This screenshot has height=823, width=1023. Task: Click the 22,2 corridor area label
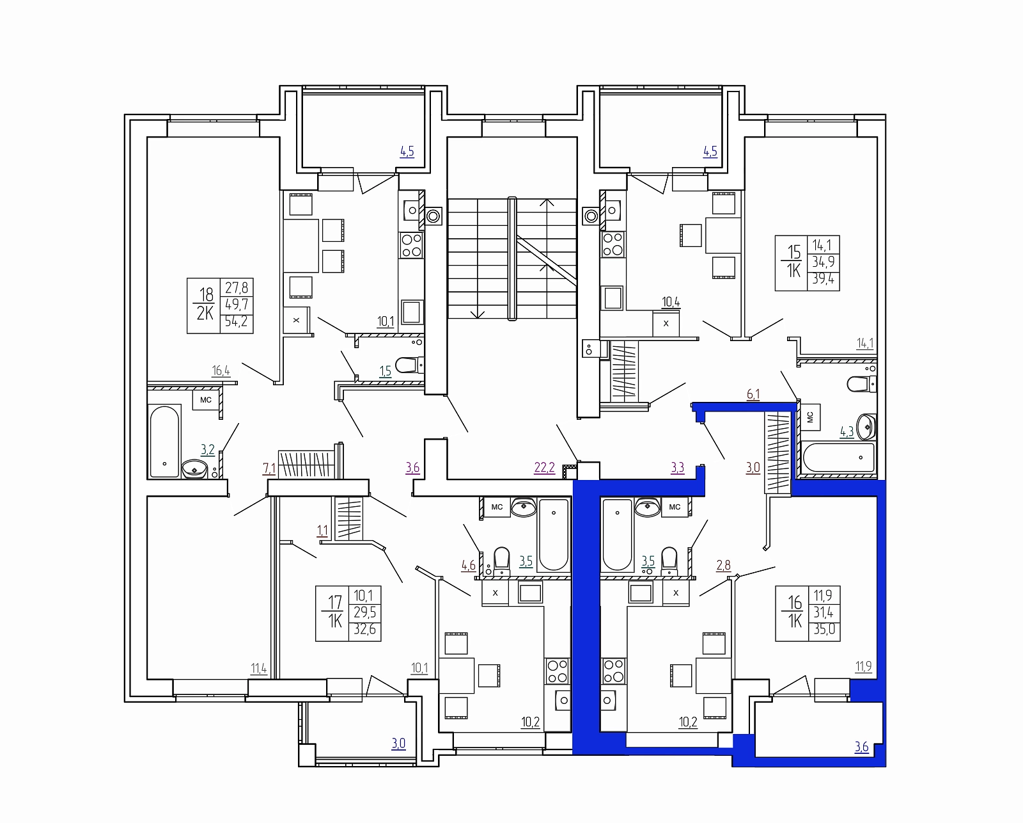544,467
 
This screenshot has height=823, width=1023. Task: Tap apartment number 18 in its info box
207,294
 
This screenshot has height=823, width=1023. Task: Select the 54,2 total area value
237,321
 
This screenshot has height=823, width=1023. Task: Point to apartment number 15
794,252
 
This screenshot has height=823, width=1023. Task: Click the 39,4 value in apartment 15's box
824,278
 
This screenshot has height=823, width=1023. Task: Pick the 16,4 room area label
221,371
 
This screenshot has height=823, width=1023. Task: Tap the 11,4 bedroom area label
259,668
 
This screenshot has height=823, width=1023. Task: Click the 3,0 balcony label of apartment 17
398,743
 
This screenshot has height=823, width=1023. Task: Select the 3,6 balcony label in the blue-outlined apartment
861,747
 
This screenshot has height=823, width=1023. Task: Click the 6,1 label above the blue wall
753,394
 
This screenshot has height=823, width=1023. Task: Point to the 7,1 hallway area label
269,468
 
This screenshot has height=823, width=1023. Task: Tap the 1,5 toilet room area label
386,371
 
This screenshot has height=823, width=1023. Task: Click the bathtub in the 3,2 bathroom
164,441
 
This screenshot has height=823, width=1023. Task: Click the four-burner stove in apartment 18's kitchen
412,245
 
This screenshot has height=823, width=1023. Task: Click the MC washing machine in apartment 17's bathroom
497,507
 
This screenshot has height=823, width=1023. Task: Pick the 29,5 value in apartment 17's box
364,612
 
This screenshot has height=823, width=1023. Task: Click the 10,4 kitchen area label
671,302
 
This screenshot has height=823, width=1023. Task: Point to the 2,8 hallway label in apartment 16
724,565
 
